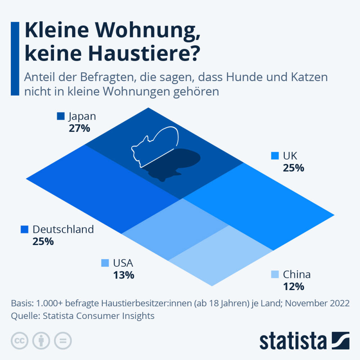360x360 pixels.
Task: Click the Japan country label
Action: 82,116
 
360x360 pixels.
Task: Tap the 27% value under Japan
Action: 79,128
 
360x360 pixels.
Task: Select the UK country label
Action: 290,156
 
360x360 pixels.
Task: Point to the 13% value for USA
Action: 124,275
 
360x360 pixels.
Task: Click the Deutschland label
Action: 63,229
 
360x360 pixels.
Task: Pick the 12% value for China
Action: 294,287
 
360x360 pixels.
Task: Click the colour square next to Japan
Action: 61,116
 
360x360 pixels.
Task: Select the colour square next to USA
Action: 105,263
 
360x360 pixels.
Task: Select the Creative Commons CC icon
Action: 20,341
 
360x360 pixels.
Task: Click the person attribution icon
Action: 41,341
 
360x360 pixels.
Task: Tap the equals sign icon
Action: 63,341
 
